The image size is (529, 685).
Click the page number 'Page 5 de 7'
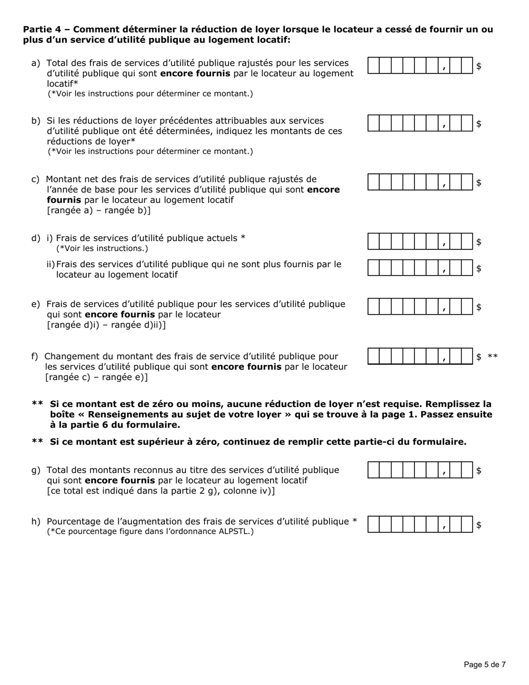point(485,664)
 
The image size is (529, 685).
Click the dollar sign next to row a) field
point(479,66)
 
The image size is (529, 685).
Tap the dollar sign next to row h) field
point(479,525)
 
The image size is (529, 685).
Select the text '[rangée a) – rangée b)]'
point(99,211)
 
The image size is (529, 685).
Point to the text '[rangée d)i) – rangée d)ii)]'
point(106,325)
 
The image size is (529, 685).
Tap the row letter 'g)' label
point(36,470)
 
